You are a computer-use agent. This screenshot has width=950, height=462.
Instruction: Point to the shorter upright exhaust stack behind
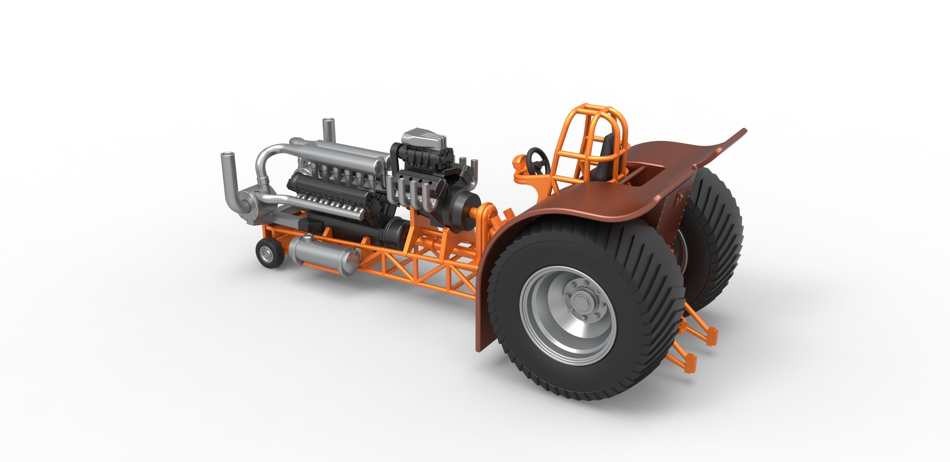[x=328, y=129]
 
